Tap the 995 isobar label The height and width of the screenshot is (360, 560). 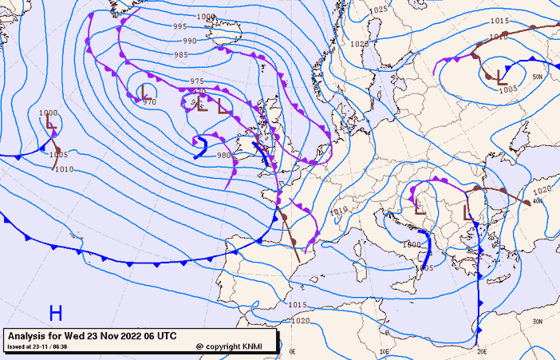[x=181, y=27]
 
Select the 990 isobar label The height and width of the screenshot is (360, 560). [x=190, y=41]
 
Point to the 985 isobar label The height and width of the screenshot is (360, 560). [x=182, y=54]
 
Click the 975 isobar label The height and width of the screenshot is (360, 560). [x=197, y=81]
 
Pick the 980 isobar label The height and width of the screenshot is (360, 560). [x=224, y=155]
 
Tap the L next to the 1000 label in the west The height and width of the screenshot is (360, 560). [x=50, y=125]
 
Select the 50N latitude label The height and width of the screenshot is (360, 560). [x=537, y=77]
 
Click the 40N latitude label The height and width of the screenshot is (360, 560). [x=537, y=201]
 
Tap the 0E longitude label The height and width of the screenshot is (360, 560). [x=292, y=351]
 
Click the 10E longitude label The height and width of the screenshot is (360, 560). [x=385, y=351]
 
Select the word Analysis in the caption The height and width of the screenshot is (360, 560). [x=31, y=336]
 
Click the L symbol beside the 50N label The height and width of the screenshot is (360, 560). [x=501, y=77]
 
